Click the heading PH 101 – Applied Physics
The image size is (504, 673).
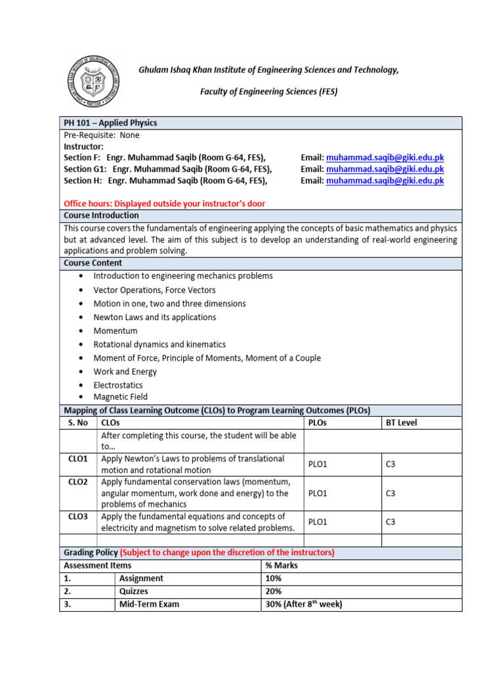point(110,123)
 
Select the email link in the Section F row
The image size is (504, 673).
point(385,158)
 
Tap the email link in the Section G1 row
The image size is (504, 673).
point(385,169)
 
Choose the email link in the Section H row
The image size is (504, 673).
point(385,180)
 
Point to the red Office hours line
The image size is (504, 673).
point(164,204)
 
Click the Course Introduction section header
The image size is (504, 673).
point(101,216)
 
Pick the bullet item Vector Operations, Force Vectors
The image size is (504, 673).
point(154,290)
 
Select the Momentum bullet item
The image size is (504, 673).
point(115,331)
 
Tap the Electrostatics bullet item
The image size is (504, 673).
point(118,385)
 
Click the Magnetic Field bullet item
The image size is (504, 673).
point(121,397)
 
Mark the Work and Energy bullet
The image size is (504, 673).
point(125,371)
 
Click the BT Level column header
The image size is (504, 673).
point(402,423)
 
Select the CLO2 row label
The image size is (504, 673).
point(78,482)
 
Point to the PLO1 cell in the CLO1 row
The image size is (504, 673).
point(318,465)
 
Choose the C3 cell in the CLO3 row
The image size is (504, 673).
point(390,522)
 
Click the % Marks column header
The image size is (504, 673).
point(282,565)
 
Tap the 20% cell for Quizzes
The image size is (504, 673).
point(274,591)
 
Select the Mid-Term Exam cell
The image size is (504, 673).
point(149,604)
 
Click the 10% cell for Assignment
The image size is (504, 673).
point(274,578)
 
